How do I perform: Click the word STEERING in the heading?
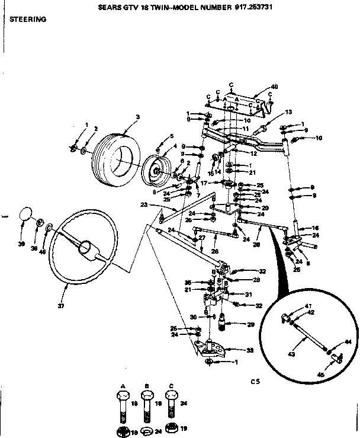(28, 19)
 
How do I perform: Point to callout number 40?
(258, 86)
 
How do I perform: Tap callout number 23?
(143, 204)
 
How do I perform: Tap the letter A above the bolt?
(123, 386)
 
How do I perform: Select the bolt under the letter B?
(147, 405)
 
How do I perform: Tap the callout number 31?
(249, 295)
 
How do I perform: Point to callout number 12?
(253, 154)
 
